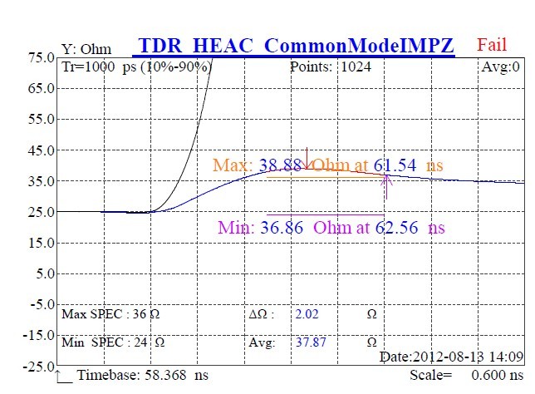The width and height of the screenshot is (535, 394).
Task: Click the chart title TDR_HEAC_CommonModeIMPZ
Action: click(297, 46)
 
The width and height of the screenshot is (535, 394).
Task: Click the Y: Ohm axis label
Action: click(86, 50)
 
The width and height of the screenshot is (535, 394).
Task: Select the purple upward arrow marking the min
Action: click(386, 185)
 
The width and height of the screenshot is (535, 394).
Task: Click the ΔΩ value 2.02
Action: click(306, 314)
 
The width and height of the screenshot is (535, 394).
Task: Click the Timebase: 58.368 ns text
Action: click(142, 376)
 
